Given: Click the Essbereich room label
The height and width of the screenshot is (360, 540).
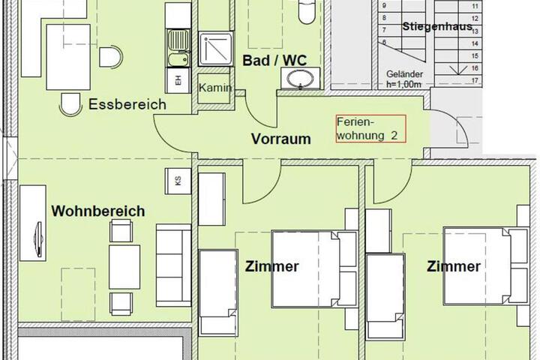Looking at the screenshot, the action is [127, 104].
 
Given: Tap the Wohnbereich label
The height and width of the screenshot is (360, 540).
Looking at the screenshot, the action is [98, 211].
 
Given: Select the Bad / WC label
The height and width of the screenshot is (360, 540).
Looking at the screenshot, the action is [274, 60].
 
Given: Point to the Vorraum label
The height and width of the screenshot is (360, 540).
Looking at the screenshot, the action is [281, 139].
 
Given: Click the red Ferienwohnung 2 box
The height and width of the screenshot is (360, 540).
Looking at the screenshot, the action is [371, 129].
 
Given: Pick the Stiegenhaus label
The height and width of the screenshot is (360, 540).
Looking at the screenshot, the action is [437, 26].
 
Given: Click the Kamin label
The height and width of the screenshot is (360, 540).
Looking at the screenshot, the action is [215, 88].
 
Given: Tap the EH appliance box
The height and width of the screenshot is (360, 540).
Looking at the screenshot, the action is [178, 80].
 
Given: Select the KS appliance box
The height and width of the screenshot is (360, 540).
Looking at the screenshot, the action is [178, 181].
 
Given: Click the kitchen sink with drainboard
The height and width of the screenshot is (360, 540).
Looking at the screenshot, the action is [178, 48].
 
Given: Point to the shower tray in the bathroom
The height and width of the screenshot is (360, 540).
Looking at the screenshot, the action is [216, 49].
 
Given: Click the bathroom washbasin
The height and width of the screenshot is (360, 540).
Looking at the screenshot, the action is [300, 79].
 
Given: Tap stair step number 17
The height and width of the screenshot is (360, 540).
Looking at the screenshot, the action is [475, 80].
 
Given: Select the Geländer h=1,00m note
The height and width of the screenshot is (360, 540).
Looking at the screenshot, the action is [405, 79].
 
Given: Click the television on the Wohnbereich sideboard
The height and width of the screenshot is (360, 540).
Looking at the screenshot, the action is [39, 238].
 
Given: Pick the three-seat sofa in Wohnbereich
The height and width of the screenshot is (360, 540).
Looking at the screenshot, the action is [173, 265].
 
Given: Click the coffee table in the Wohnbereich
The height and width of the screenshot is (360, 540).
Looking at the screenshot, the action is [124, 267].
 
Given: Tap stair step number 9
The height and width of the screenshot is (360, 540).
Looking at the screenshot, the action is [384, 6].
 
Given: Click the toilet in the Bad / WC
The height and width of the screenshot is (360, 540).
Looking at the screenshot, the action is [307, 12].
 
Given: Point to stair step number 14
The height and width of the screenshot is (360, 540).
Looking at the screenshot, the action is [475, 43].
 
